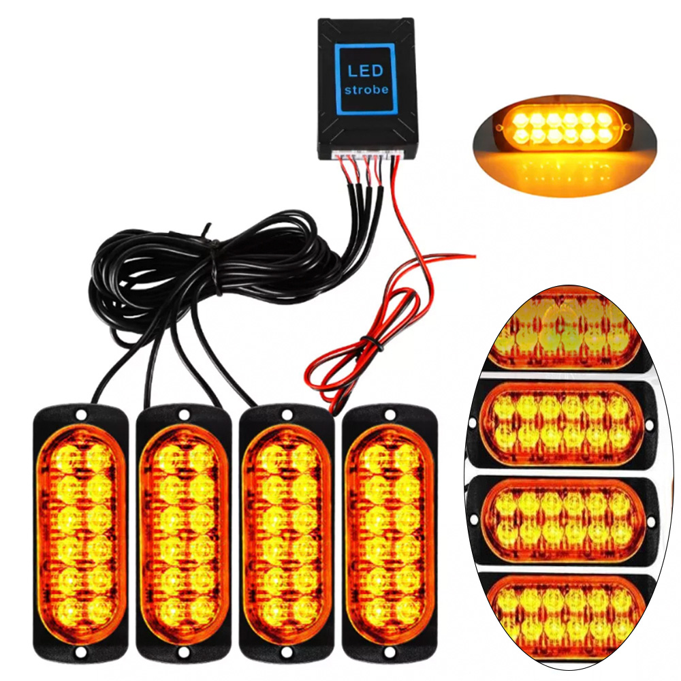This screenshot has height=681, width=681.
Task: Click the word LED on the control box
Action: pos(366,71)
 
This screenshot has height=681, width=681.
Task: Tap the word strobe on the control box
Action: pos(366,90)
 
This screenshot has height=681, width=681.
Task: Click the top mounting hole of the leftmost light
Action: pos(81,414)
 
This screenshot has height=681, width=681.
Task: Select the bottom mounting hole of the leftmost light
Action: pos(81,653)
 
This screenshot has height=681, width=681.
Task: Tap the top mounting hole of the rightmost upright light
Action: pos(390,413)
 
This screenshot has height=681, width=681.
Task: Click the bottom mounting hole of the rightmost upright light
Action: pos(390,652)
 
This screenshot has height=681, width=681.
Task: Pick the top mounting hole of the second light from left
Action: pos(184,414)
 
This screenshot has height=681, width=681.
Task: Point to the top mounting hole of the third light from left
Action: pos(287,413)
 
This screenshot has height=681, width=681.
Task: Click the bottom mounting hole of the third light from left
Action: pos(287,652)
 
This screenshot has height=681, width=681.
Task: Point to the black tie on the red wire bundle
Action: pos(368,338)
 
